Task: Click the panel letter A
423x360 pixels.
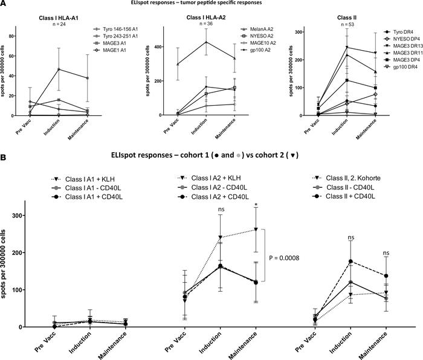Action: [5, 4]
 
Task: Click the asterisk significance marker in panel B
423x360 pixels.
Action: [256, 222]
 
